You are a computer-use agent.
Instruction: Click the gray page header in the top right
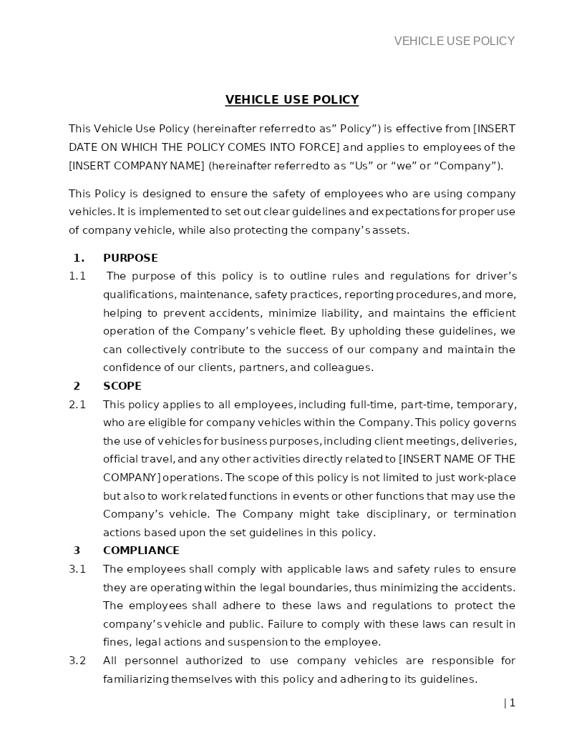pos(454,41)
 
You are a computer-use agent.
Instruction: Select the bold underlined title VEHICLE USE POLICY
pos(292,100)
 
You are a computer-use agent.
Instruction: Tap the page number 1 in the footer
pos(512,703)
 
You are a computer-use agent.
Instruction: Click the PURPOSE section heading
pos(130,258)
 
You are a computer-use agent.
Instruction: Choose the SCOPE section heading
pos(122,386)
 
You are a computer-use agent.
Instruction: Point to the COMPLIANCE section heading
pos(141,551)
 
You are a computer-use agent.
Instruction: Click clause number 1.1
pos(77,276)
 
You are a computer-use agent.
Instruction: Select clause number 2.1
pos(77,405)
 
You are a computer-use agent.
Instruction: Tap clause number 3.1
pos(77,569)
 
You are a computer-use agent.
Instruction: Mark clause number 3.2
pos(77,661)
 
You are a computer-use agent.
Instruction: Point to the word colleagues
pos(346,368)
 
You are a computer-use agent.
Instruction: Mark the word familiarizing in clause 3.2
pos(136,679)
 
